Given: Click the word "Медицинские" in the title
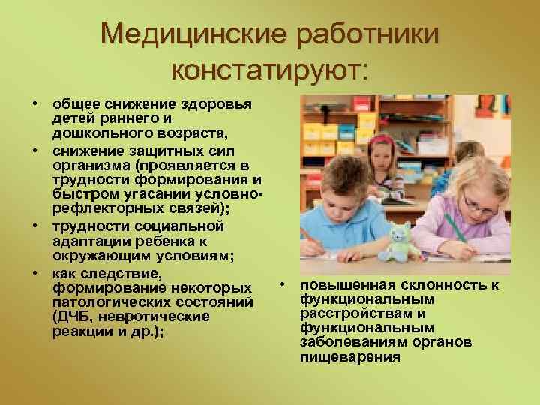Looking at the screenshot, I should tap(193, 34).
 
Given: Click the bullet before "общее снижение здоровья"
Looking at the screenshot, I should tap(34, 103).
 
